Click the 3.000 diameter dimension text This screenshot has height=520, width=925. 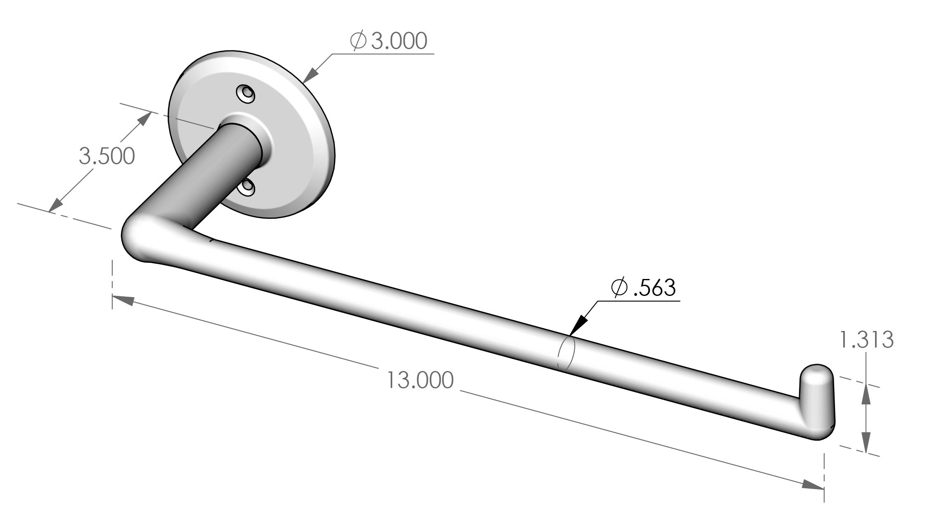click(398, 41)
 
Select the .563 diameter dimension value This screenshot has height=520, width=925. click(654, 288)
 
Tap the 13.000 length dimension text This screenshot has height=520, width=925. click(420, 381)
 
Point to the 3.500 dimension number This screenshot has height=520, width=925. click(107, 156)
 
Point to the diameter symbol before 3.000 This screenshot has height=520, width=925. click(358, 41)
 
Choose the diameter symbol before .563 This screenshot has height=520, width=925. click(619, 288)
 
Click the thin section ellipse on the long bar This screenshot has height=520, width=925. click(566, 353)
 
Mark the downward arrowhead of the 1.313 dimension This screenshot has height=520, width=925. click(866, 444)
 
